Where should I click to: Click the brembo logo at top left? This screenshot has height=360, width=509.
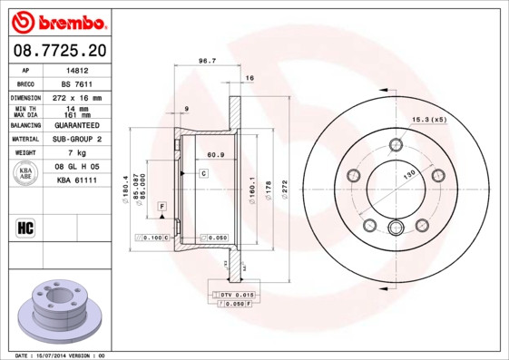point(58,21)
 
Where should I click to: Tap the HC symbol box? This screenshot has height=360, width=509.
point(26,227)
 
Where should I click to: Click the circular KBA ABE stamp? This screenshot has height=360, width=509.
point(26,175)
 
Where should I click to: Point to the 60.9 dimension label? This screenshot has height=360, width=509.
point(215,156)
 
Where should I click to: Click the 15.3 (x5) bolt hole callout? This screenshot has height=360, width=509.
point(429,120)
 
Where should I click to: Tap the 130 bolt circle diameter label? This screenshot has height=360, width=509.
point(410,173)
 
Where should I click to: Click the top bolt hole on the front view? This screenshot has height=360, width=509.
point(395,145)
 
